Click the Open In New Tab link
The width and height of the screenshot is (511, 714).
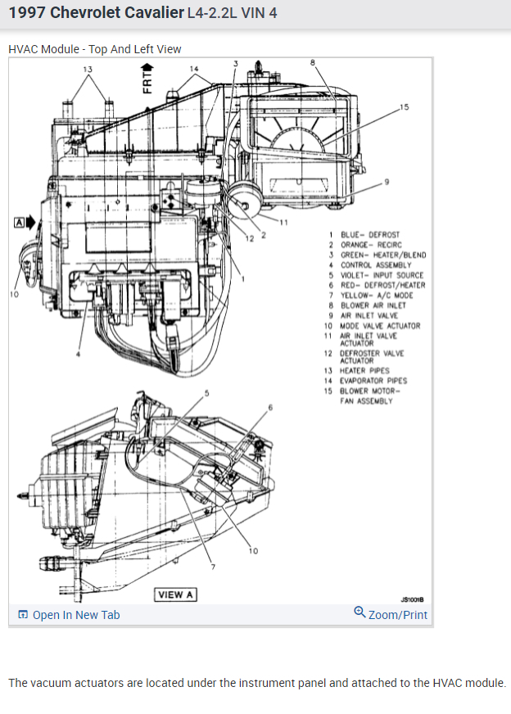point(75,615)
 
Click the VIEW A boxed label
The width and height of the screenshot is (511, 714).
point(175,594)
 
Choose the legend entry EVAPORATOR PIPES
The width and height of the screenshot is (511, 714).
point(373,381)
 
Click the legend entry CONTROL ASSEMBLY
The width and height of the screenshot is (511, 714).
point(376,265)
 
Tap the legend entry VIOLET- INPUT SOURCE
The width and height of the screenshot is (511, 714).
point(382,275)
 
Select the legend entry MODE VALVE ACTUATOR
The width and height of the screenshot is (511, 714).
point(380,326)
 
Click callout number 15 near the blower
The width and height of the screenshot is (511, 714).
point(403,107)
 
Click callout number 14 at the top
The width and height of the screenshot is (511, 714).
point(193,69)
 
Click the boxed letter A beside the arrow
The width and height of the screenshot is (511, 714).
point(18,222)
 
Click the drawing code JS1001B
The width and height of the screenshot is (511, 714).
point(412,599)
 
